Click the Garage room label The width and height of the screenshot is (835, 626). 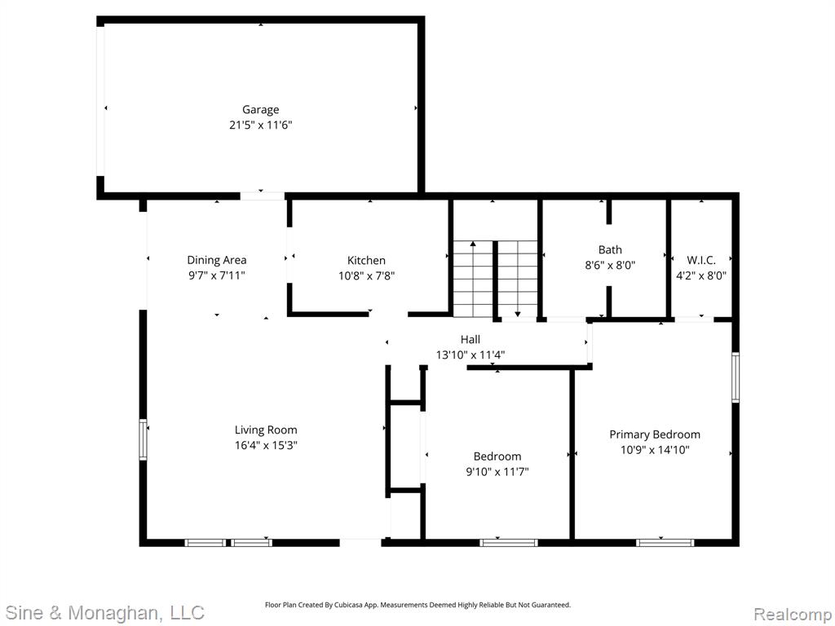[x=260, y=110]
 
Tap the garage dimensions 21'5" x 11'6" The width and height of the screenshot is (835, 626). [x=260, y=125]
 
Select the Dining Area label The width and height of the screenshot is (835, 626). [x=217, y=260]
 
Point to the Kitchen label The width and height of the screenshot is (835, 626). [x=366, y=260]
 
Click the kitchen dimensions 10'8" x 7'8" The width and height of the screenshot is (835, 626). [x=366, y=276]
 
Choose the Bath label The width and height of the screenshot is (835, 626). [x=610, y=249]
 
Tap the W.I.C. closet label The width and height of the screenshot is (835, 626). [x=701, y=260]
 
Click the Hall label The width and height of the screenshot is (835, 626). [x=471, y=339]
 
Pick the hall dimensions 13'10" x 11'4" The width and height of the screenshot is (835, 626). [x=471, y=355]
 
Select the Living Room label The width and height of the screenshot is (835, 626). [x=266, y=430]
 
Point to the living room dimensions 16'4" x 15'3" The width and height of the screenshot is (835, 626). [x=266, y=445]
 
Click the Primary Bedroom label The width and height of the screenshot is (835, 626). [x=655, y=434]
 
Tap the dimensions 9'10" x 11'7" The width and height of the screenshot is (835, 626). [x=497, y=472]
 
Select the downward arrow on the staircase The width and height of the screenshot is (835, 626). [x=517, y=279]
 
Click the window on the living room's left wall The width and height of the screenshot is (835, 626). [x=143, y=439]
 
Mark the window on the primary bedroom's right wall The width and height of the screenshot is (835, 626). [x=736, y=377]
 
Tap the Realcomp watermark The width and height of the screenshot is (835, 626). [x=793, y=614]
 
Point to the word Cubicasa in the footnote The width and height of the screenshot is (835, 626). [x=347, y=605]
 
